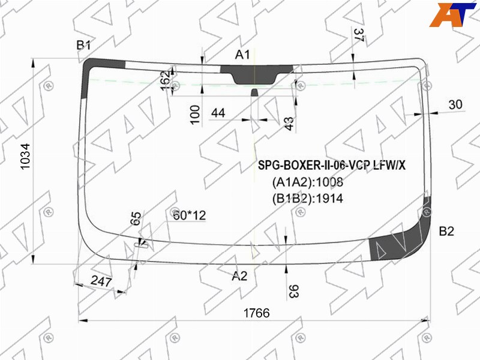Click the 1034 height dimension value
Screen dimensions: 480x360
pos(25,156)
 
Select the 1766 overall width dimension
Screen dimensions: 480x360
pos(257,313)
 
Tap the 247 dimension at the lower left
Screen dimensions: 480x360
pos(101,281)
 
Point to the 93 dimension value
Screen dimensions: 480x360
pos(293,292)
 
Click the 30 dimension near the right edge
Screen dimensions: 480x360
pos(455,104)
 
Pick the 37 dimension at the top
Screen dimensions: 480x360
pos(358,35)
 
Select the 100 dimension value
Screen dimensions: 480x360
pos(195,115)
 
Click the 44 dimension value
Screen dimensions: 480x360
pos(218,113)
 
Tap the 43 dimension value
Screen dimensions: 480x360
pos(289,124)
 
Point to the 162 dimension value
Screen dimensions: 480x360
pos(166,81)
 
